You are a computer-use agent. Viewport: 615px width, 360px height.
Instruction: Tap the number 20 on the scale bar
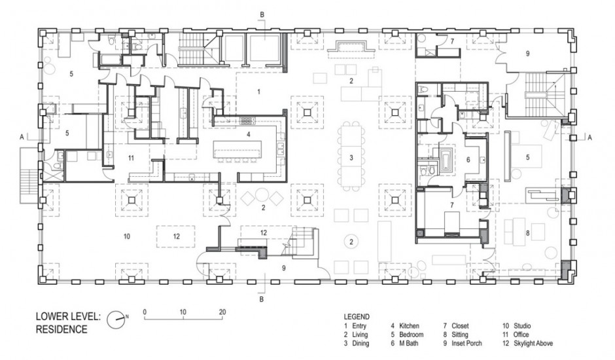[x=222, y=312]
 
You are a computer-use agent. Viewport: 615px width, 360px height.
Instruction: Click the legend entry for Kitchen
[x=405, y=326]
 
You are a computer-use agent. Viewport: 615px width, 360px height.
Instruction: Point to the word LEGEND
[x=357, y=316]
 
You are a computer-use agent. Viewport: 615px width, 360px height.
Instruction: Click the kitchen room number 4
[x=248, y=134]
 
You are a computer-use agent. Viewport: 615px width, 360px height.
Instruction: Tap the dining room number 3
[x=351, y=158]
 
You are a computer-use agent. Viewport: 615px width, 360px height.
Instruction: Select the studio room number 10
[x=126, y=236]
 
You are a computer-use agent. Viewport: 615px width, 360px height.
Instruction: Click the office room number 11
[x=131, y=158]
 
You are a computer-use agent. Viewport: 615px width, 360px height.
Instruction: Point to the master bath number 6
[x=468, y=160]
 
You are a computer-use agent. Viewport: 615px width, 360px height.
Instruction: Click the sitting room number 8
[x=527, y=233]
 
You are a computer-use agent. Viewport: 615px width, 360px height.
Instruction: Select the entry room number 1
[x=258, y=92]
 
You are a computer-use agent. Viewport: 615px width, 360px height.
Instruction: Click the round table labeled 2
[x=351, y=242]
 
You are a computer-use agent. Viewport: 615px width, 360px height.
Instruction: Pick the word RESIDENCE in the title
[x=61, y=329]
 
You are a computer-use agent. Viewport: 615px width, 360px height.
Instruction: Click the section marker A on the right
[x=589, y=137]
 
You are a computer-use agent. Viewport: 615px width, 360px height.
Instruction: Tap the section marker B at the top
[x=262, y=15]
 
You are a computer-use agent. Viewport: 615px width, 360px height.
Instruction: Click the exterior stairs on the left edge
[x=29, y=175]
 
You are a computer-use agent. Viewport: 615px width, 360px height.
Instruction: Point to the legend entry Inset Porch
[x=463, y=343]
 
